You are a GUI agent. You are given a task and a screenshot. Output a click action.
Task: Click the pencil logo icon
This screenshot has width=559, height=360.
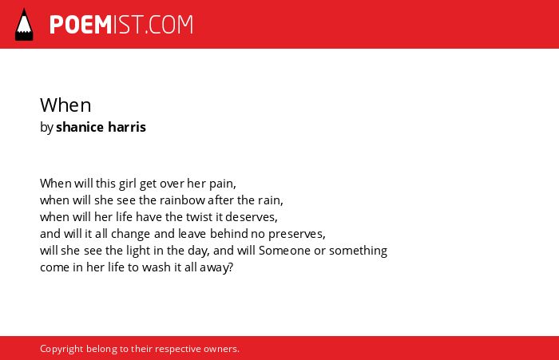pos(24,24)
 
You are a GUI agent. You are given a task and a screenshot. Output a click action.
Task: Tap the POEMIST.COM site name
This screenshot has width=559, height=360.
pos(121,25)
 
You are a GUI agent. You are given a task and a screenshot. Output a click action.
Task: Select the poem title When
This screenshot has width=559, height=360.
pos(65,105)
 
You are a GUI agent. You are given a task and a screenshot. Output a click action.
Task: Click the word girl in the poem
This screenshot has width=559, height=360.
pos(127,184)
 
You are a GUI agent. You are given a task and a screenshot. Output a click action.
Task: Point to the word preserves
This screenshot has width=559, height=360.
pos(296,234)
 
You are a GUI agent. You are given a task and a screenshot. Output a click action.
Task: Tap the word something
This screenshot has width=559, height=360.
pos(358,251)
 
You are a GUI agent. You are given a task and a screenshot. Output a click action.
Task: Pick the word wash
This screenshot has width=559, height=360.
pos(157,267)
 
